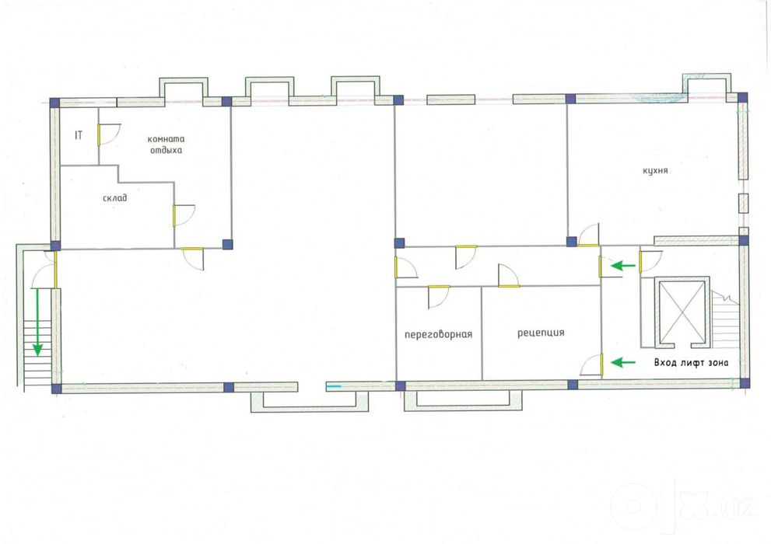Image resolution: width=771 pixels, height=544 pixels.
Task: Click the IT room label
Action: tap(79, 135)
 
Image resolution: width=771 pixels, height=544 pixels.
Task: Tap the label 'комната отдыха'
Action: tap(166, 145)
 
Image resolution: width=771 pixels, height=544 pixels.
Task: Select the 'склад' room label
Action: tap(115, 198)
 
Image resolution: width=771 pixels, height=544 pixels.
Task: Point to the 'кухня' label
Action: tap(655, 170)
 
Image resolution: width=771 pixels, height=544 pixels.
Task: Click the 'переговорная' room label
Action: tap(438, 334)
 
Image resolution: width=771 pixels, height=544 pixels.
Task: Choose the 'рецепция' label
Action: tap(541, 333)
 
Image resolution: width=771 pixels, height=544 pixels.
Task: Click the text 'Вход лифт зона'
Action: tap(692, 363)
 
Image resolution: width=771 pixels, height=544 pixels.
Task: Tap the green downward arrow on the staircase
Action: tap(37, 322)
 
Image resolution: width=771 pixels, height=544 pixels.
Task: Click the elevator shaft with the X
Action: tap(682, 312)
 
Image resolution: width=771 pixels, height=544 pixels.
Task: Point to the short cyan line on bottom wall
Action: tap(334, 386)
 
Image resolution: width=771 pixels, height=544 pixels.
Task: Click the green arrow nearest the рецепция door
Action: tap(623, 363)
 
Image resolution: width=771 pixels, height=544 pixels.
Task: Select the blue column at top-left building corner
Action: tap(54, 103)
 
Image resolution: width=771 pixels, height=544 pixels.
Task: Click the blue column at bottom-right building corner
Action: tap(745, 383)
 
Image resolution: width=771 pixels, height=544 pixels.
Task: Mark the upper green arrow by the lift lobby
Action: tap(623, 266)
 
